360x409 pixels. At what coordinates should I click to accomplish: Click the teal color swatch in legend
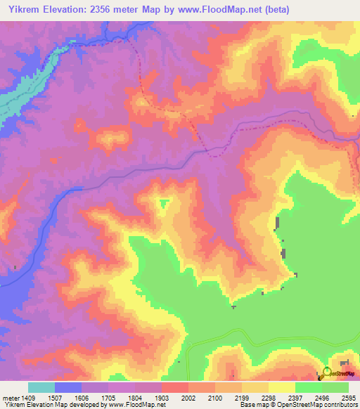pyautogui.click(x=41, y=387)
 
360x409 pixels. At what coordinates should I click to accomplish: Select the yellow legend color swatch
pyautogui.click(x=281, y=387)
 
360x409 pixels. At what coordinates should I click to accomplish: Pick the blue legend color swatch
pyautogui.click(x=67, y=387)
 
